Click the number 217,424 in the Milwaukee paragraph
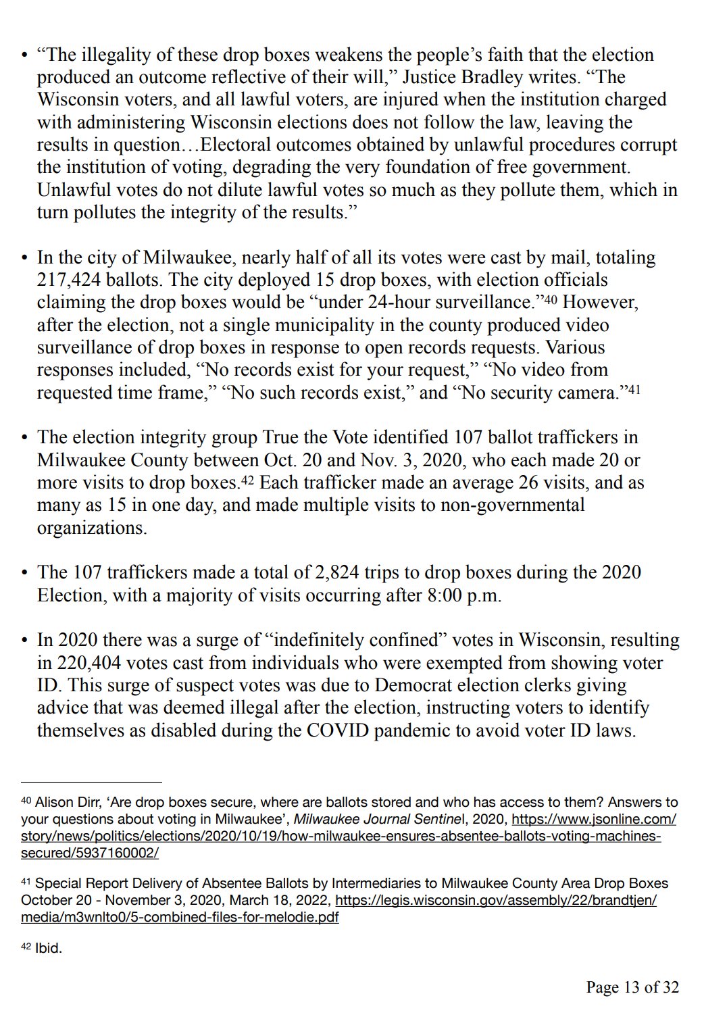point(70,280)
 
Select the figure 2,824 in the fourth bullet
point(338,572)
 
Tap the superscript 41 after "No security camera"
point(634,389)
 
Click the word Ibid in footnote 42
point(48,948)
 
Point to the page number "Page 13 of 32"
point(632,987)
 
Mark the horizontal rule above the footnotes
point(91,782)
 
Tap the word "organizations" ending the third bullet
point(91,528)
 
